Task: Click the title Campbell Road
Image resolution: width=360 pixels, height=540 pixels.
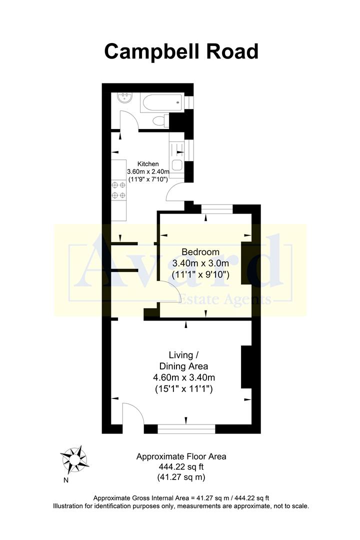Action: (181, 51)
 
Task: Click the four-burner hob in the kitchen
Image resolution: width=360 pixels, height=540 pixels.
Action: (119, 190)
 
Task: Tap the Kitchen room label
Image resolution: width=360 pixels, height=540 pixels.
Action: (149, 163)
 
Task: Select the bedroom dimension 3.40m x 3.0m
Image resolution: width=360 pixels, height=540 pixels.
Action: (200, 263)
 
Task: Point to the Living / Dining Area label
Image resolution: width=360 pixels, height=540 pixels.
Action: (180, 360)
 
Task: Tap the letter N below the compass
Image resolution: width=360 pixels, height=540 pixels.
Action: (65, 481)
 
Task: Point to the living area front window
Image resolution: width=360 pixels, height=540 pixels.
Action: (186, 428)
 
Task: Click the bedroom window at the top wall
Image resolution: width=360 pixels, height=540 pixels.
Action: (216, 209)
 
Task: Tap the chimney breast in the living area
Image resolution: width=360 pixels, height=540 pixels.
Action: (246, 366)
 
